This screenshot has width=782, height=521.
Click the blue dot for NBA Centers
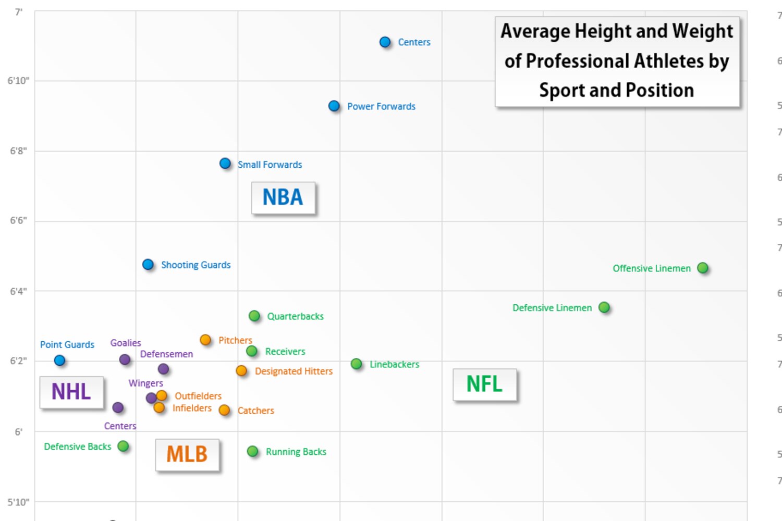[x=385, y=42]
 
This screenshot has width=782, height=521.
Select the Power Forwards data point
[x=334, y=106]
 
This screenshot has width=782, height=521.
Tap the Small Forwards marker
[x=225, y=164]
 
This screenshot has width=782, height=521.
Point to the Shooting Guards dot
[x=148, y=265]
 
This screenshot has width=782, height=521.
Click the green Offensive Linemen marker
[x=703, y=268]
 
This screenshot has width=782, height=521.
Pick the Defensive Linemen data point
[x=604, y=307]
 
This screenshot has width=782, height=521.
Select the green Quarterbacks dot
[x=254, y=316]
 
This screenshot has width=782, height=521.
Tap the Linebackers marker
[x=357, y=364]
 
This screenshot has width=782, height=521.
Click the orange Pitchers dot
[x=205, y=340]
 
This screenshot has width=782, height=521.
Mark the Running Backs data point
[x=253, y=451]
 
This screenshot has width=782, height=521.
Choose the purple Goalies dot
[x=125, y=359]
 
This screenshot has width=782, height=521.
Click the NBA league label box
[x=283, y=197]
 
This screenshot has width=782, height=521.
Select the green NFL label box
[x=484, y=384]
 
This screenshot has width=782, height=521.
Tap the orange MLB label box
[x=187, y=454]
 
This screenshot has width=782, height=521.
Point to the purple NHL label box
[x=71, y=392]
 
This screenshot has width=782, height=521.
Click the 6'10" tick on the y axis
[x=19, y=81]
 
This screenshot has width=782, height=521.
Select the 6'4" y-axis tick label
[x=19, y=291]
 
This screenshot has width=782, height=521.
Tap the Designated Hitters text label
[x=294, y=371]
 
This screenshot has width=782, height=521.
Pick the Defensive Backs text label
[x=78, y=446]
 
